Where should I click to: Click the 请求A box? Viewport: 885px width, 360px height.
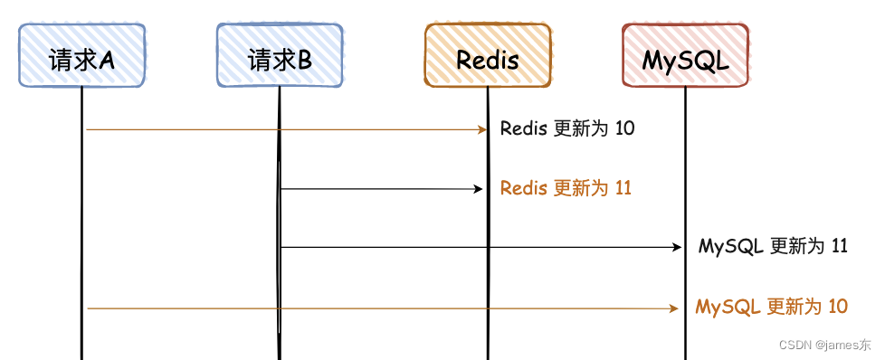81,55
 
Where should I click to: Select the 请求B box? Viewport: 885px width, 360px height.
280,55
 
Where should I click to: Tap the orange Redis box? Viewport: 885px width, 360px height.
488,55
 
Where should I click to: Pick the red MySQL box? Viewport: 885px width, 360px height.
685,55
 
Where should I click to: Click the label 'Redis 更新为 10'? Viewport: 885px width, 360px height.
567,128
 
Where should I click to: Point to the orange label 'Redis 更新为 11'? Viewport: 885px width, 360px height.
566,188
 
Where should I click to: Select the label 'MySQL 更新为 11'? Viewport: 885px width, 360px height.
773,246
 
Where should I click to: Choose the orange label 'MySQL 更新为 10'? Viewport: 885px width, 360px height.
771,307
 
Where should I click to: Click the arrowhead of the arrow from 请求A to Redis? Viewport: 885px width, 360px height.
483,129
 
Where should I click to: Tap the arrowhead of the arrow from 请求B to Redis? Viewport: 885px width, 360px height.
481,189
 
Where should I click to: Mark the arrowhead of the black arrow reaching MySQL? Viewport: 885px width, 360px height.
676,247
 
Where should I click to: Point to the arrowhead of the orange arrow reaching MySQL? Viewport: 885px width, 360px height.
673,308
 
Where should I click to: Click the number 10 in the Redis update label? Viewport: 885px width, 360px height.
624,128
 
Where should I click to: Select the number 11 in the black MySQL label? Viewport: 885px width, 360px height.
839,246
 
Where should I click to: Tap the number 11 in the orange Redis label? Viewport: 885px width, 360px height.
623,188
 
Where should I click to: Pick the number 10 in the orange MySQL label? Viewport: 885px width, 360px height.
837,307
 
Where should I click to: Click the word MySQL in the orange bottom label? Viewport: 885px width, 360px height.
728,307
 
